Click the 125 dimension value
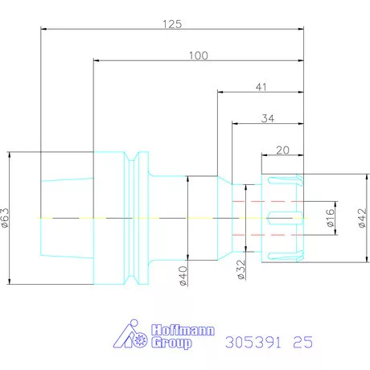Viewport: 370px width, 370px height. tap(172, 24)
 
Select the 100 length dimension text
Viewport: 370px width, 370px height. tap(199, 55)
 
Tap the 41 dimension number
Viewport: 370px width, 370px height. tap(261, 87)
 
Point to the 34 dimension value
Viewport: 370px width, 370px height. tap(268, 118)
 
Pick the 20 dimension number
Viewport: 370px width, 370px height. tap(282, 150)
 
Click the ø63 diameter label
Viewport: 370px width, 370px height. tap(5, 218)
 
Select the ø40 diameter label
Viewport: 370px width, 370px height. tap(183, 276)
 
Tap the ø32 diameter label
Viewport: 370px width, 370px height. tap(241, 269)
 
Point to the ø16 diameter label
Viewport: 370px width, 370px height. tap(331, 218)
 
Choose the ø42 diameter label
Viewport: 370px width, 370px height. tap(362, 218)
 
